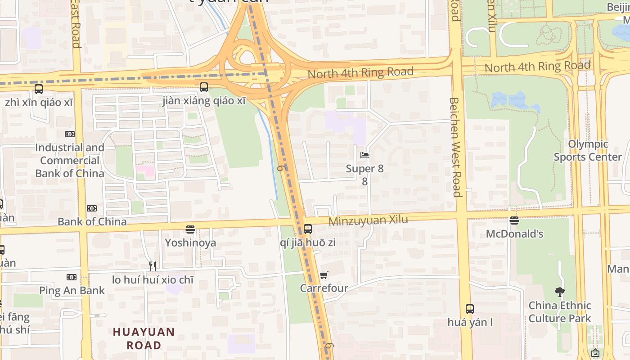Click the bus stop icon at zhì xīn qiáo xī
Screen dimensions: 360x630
coord(39,89)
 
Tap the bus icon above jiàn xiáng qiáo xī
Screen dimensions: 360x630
coord(204,87)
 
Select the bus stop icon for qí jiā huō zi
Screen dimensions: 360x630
coord(308,229)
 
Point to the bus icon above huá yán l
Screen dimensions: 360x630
coord(470,309)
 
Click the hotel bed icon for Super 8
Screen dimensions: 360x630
coord(364,155)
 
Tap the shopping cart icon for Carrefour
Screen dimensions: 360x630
coord(324,275)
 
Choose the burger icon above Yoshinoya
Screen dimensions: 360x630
coord(190,229)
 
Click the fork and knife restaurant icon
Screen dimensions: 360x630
coord(153,266)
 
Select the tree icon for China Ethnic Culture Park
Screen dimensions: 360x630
coord(559,292)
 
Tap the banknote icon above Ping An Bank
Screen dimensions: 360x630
coord(72,277)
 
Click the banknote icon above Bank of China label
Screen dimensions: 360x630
coord(92,208)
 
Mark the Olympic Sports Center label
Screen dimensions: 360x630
coord(588,151)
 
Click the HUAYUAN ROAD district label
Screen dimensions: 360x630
coord(144,339)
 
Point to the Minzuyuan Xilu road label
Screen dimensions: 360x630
coord(368,220)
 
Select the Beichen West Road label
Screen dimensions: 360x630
coord(455,147)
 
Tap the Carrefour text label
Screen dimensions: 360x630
coord(324,288)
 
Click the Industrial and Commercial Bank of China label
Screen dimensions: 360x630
coord(70,160)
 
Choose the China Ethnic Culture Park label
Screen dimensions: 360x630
coord(560,312)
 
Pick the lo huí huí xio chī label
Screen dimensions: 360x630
coord(153,279)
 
